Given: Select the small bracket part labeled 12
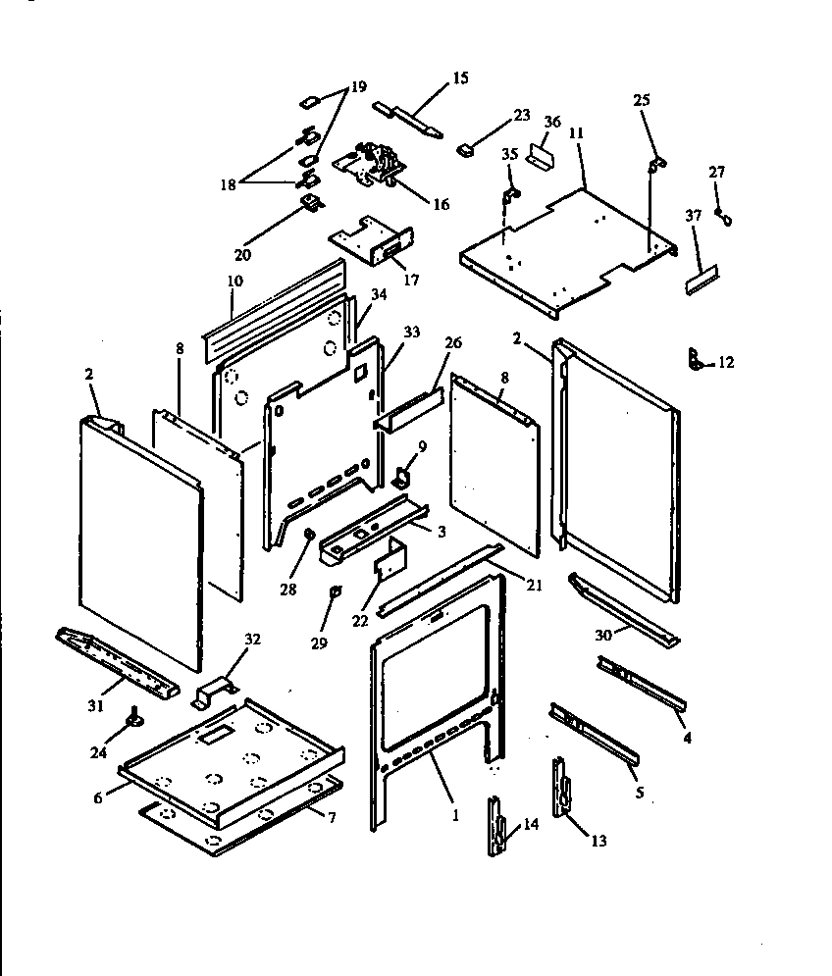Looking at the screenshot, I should pyautogui.click(x=698, y=360).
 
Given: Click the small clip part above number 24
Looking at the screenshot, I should pyautogui.click(x=130, y=724).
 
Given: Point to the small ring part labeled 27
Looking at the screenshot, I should pyautogui.click(x=723, y=215).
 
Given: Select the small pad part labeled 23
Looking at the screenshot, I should pyautogui.click(x=465, y=150).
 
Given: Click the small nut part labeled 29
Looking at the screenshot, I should pyautogui.click(x=334, y=591).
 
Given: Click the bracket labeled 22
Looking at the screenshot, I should pyautogui.click(x=389, y=562).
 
